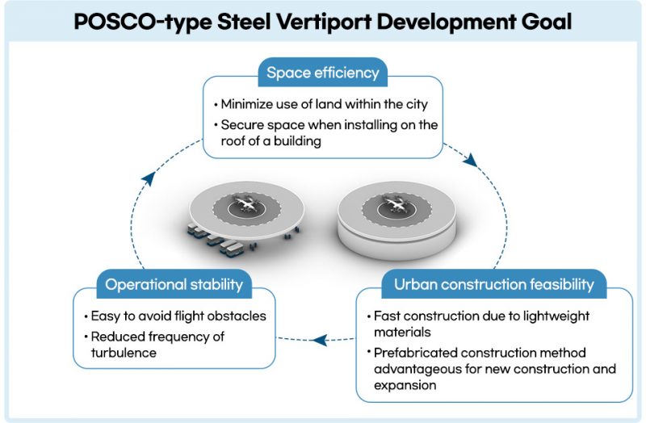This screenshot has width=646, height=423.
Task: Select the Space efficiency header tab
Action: pyautogui.click(x=322, y=73)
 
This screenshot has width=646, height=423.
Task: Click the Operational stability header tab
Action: pyautogui.click(x=174, y=284)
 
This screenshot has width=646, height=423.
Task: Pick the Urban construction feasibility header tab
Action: pyautogui.click(x=494, y=284)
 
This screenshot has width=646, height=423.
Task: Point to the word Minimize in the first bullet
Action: pyautogui.click(x=246, y=104)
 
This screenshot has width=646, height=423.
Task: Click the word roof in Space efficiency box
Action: pyautogui.click(x=230, y=140)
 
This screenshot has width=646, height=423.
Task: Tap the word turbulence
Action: pyautogui.click(x=124, y=353)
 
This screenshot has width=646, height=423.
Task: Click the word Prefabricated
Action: pyautogui.click(x=415, y=353)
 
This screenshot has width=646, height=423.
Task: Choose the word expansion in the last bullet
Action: pyautogui.click(x=405, y=386)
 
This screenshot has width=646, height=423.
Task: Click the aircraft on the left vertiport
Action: pyautogui.click(x=246, y=204)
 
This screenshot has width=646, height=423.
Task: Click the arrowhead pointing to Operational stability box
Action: pyautogui.click(x=320, y=340)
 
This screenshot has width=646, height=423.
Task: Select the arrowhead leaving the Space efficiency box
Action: pyautogui.click(x=471, y=160)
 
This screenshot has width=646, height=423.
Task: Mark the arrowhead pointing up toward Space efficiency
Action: pyautogui.click(x=148, y=179)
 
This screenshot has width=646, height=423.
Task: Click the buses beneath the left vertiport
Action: pyautogui.click(x=214, y=240)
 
